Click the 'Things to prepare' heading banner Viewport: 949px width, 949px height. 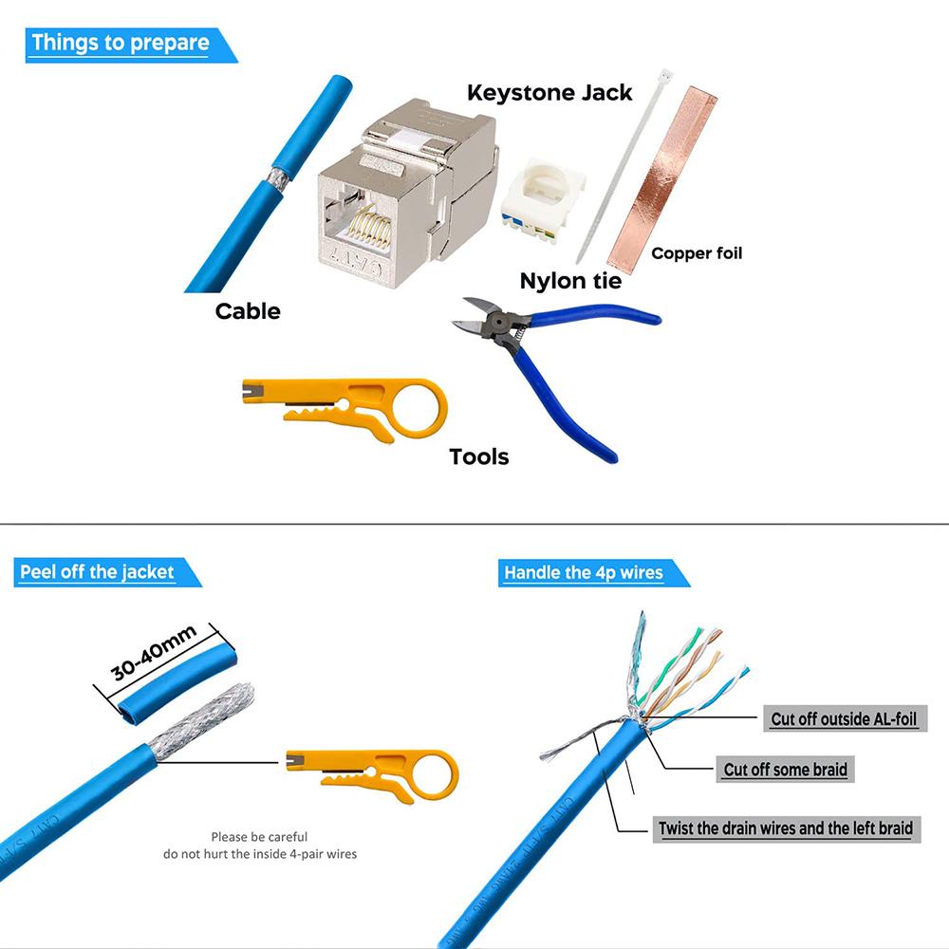pos(121,44)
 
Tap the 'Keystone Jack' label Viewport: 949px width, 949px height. pos(549,92)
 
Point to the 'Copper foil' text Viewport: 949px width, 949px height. pos(697,253)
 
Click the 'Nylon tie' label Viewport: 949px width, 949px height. pos(570,281)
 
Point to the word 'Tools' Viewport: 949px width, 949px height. pos(478,457)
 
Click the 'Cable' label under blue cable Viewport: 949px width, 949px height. pos(248,311)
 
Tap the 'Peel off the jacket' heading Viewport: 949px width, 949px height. pos(98,572)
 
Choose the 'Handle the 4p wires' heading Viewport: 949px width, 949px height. pos(584,572)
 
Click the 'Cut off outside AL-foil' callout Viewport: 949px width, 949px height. pos(844,718)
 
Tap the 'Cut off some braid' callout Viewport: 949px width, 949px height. pos(785,770)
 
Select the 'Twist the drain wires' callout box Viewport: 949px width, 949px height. pos(786,828)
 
